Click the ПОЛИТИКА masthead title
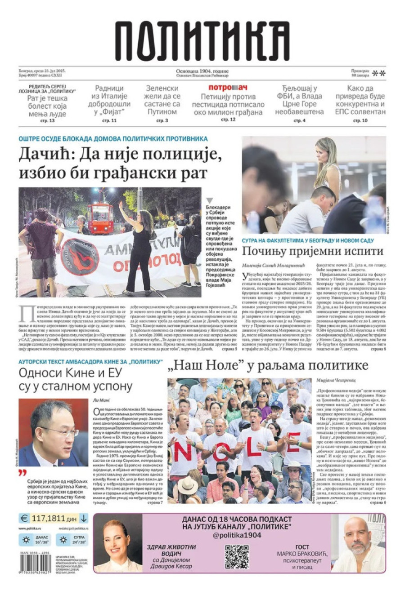[x=202, y=42]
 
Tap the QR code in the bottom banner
[x=237, y=556]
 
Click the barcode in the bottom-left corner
[x=35, y=564]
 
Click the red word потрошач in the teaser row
[x=228, y=87]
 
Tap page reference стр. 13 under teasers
[x=47, y=121]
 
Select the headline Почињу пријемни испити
[x=312, y=250]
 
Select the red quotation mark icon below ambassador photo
[x=22, y=473]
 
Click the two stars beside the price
[x=379, y=73]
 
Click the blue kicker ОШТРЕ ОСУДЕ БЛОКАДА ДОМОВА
[x=113, y=139]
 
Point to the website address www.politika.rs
[x=31, y=528]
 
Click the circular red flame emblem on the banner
[x=80, y=257]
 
